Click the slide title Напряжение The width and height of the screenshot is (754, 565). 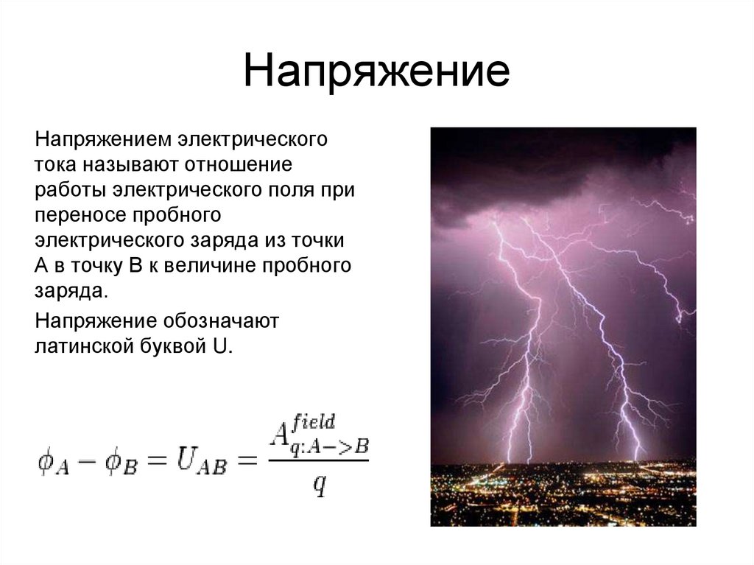[376, 74]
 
